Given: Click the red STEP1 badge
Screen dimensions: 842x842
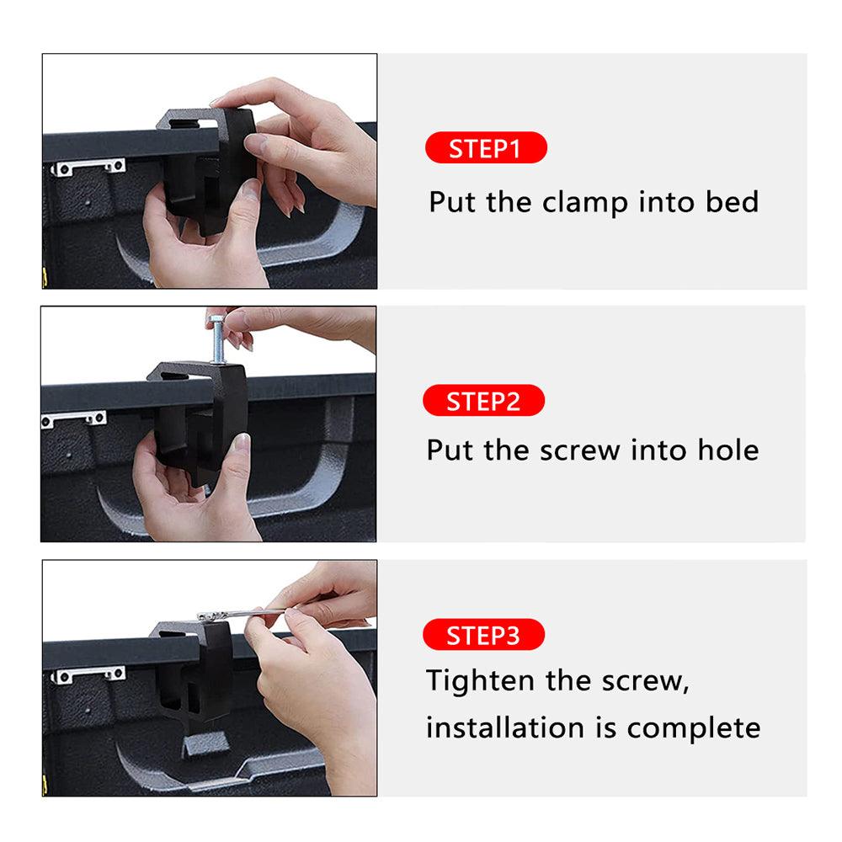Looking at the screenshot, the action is (486, 147).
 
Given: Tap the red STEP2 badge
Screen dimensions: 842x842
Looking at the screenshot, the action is (484, 401).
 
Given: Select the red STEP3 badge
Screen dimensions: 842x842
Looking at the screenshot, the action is (484, 635).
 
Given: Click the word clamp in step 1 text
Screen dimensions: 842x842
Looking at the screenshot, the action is (585, 203).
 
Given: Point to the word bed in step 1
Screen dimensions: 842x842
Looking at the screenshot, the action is (732, 202).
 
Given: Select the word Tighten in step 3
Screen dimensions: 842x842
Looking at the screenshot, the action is (481, 681).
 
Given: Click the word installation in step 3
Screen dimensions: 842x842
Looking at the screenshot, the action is (504, 728).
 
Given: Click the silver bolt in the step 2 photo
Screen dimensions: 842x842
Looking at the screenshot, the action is (217, 339).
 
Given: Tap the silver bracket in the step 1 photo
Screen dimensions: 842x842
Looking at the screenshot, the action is (88, 167).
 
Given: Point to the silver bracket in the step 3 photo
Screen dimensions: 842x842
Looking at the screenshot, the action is (88, 674).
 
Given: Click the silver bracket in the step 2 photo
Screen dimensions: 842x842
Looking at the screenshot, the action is (73, 418).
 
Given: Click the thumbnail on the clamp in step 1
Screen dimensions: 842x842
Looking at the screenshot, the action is (254, 144).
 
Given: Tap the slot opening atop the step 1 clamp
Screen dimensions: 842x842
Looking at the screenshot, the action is (184, 123).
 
